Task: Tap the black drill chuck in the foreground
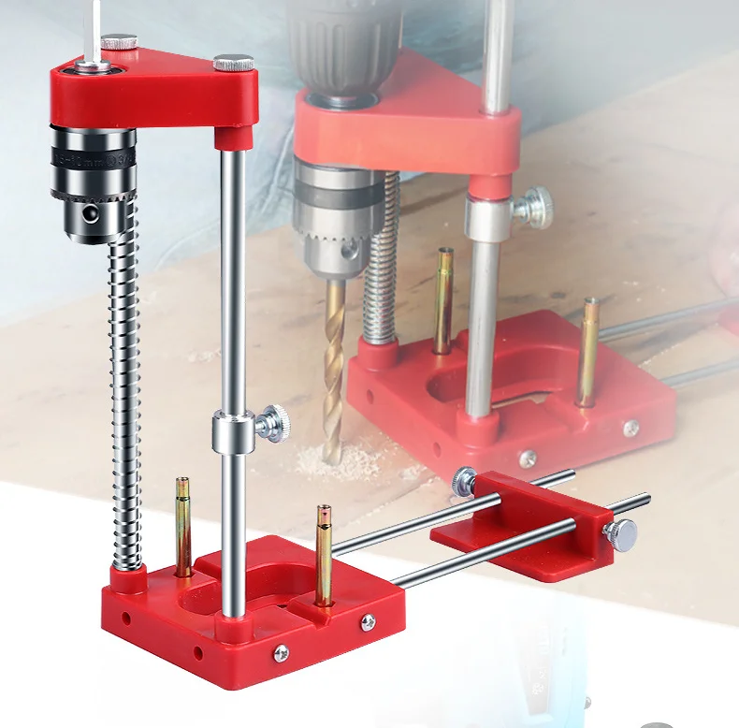tap(93, 183)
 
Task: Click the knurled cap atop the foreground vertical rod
tap(232, 64)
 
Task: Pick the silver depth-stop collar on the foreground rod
tap(231, 430)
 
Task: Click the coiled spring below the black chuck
tap(124, 393)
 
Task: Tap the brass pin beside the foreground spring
tap(183, 524)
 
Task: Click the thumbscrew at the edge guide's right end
tap(620, 534)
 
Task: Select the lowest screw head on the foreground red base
tap(281, 652)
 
